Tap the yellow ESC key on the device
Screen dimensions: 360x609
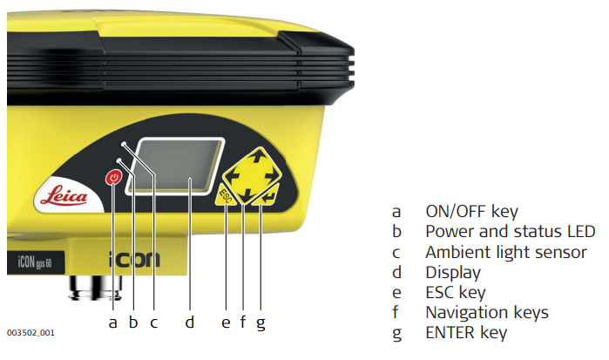(226, 194)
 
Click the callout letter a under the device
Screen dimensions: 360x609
(112, 323)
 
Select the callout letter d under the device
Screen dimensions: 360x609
(189, 323)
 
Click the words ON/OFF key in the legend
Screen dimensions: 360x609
(470, 212)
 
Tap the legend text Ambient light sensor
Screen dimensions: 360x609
(505, 252)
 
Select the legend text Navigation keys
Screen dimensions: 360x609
(486, 312)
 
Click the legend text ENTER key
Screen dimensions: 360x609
(465, 332)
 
